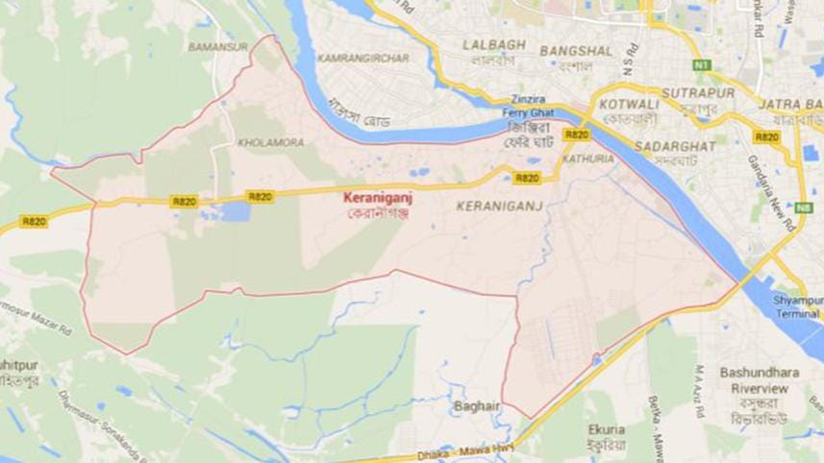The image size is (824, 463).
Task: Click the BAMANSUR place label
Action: [x=218, y=46]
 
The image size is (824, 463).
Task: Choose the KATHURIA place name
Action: [x=588, y=158]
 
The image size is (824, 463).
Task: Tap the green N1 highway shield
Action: [x=701, y=64]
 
